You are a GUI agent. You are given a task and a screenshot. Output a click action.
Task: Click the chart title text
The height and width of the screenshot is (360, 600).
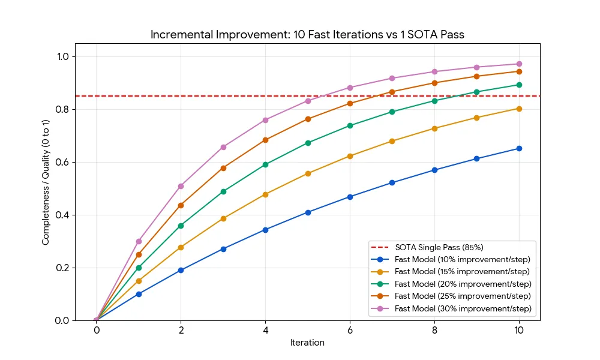pyautogui.click(x=307, y=35)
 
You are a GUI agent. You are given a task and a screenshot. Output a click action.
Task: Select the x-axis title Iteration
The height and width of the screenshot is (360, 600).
pyautogui.click(x=307, y=343)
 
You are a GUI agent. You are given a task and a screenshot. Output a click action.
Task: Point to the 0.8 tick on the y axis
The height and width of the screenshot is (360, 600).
pyautogui.click(x=62, y=109)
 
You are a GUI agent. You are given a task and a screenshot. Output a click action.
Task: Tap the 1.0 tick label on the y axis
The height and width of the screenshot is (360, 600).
pyautogui.click(x=62, y=56)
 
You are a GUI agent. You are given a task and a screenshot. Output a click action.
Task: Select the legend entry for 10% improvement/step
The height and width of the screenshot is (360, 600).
pyautogui.click(x=463, y=259)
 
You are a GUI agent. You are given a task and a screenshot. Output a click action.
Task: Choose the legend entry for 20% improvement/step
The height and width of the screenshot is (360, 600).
pyautogui.click(x=463, y=284)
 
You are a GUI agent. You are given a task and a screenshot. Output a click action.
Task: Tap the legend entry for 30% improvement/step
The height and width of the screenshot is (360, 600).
pyautogui.click(x=463, y=308)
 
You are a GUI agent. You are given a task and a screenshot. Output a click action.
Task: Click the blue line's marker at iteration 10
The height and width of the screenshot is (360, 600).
pyautogui.click(x=519, y=148)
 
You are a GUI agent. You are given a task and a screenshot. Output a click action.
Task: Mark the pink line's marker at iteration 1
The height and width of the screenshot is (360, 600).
pyautogui.click(x=139, y=241)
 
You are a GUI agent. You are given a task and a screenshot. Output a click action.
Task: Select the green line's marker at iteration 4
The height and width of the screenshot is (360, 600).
pyautogui.click(x=265, y=164)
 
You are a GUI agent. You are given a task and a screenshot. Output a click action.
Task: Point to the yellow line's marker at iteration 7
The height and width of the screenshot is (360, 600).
pyautogui.click(x=392, y=141)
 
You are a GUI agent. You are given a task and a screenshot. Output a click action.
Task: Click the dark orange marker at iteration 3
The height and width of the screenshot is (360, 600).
pyautogui.click(x=223, y=168)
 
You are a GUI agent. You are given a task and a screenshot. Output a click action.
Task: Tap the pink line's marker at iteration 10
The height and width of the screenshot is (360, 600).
pyautogui.click(x=519, y=64)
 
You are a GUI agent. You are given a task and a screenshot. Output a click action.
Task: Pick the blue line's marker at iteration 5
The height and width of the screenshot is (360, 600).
pyautogui.click(x=308, y=212)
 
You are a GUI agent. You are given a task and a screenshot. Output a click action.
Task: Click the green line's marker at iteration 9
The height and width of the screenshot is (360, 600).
pyautogui.click(x=477, y=92)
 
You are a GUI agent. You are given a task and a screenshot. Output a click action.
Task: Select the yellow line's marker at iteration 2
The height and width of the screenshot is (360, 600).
pyautogui.click(x=181, y=247)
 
